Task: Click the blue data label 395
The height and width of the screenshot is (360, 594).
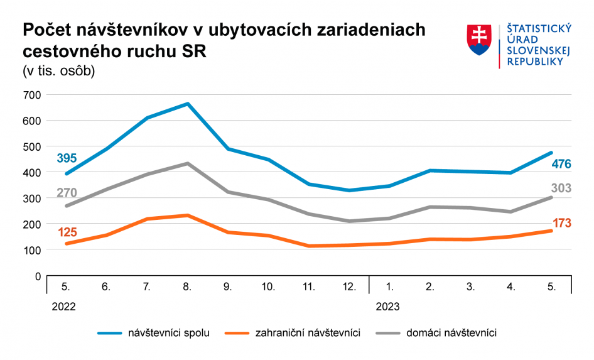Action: click(67, 158)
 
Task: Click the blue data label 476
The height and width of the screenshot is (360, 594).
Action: click(561, 164)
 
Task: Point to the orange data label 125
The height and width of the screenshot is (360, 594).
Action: click(67, 233)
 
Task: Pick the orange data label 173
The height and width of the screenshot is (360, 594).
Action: click(561, 223)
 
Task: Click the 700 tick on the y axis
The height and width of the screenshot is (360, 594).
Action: click(31, 95)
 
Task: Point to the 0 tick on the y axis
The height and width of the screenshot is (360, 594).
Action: click(37, 276)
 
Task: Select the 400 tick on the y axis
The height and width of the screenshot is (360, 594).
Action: click(31, 172)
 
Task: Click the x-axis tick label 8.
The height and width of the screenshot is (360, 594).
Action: click(187, 287)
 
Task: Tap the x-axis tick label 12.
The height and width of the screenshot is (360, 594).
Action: click(349, 287)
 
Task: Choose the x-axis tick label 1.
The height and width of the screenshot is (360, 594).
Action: click(390, 287)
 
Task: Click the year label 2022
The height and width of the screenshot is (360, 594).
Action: click(63, 307)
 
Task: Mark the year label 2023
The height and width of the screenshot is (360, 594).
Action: click(387, 307)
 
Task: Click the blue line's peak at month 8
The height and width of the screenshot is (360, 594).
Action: click(187, 104)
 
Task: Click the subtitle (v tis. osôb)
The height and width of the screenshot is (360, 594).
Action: click(58, 71)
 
